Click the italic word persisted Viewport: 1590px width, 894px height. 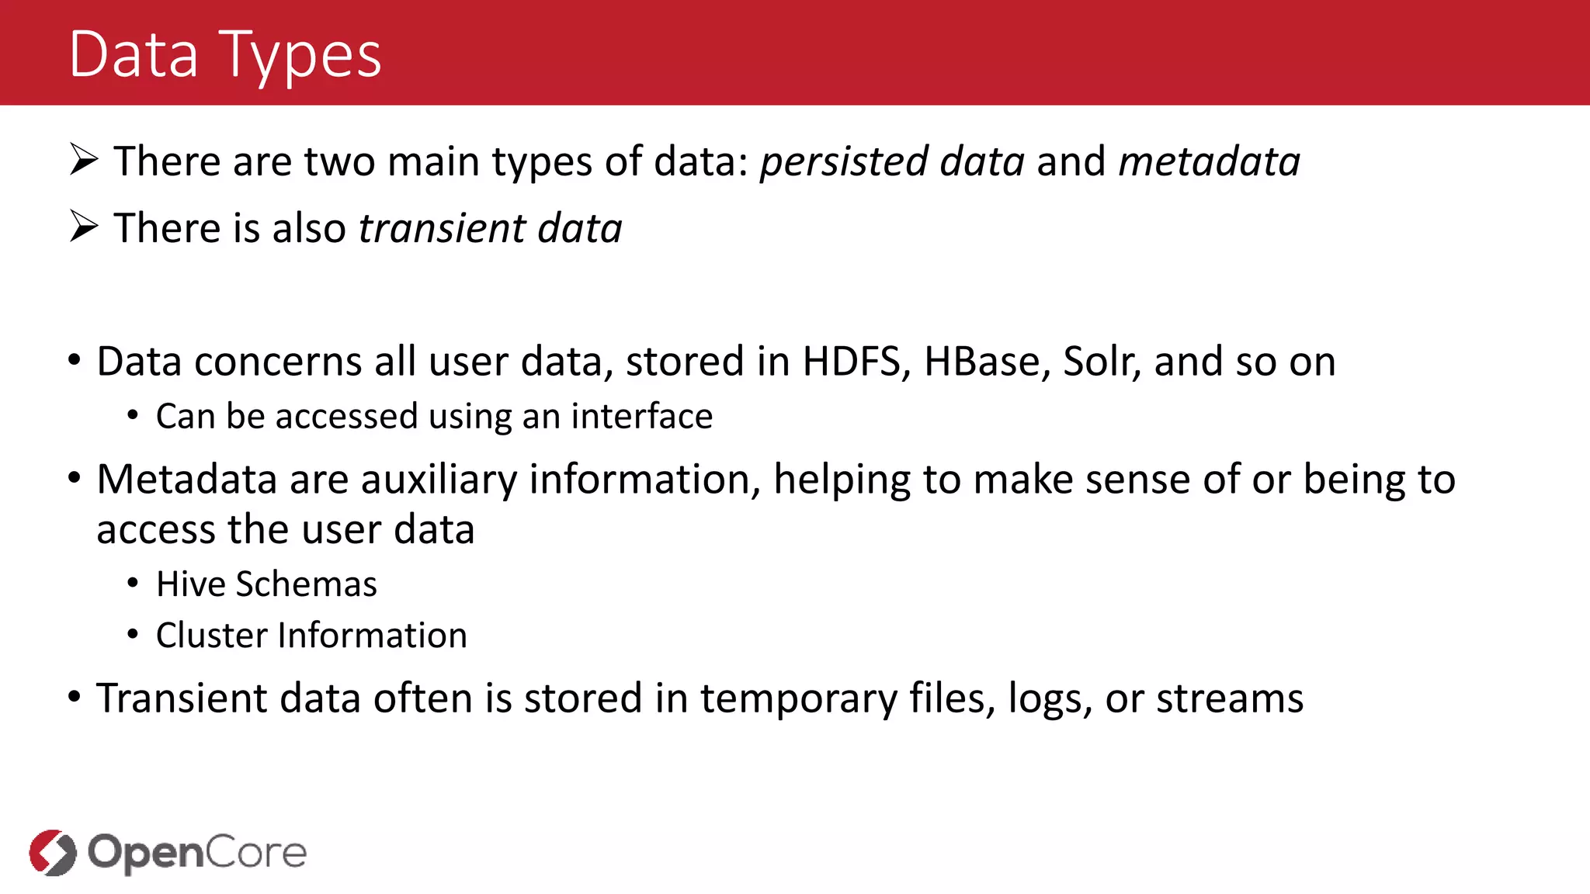[843, 161]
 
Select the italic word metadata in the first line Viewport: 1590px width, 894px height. [1209, 161]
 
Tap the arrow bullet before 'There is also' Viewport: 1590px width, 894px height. [83, 227]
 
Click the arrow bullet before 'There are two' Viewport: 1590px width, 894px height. [83, 160]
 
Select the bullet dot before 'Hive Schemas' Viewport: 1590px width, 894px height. [134, 584]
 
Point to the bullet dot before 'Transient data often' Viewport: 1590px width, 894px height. [75, 697]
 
